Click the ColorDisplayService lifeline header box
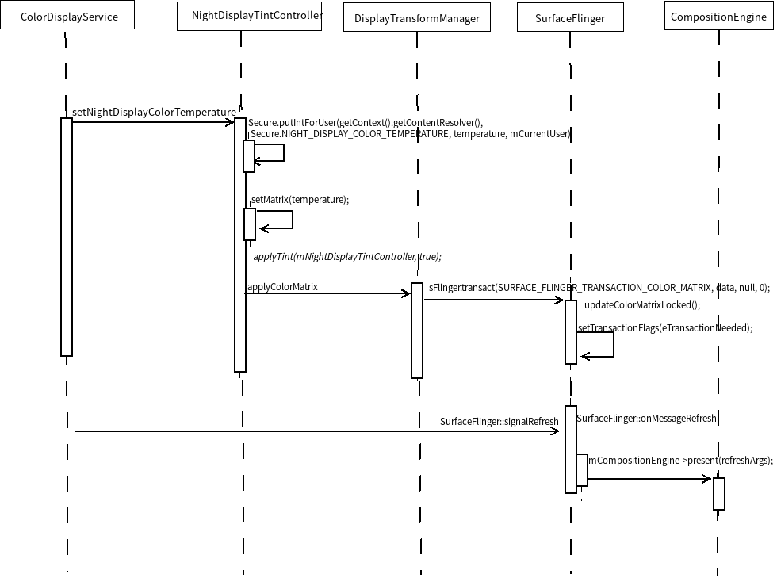pos(69,17)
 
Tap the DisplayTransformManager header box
pos(416,18)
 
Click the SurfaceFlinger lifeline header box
pos(570,18)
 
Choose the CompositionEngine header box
pos(718,17)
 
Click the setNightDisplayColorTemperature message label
pos(154,113)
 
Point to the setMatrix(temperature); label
pos(300,200)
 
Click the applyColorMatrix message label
pos(282,286)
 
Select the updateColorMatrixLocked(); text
pos(642,305)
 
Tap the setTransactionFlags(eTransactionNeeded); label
pos(664,327)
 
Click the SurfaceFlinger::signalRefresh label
pos(499,422)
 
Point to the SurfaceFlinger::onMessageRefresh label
pos(646,418)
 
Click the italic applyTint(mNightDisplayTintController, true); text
pos(346,257)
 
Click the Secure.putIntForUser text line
pos(366,123)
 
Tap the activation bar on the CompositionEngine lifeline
pos(718,493)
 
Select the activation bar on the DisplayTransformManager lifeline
pos(416,330)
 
